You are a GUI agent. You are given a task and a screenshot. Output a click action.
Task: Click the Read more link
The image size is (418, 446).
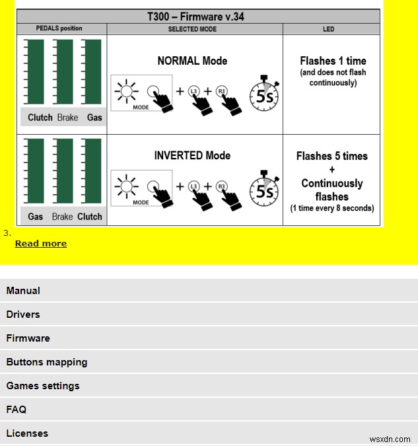tap(40, 243)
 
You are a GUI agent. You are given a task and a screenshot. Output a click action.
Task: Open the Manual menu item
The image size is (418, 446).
tap(23, 291)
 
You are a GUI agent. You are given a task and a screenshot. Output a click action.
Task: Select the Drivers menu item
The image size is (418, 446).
tap(23, 315)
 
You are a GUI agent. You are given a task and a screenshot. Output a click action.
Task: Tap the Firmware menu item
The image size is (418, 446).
tap(28, 338)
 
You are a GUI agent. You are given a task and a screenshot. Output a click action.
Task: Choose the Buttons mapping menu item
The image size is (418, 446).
tap(47, 362)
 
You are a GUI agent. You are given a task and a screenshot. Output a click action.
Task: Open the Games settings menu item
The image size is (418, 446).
tap(43, 386)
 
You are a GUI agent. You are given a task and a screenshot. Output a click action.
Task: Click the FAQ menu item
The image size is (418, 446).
tap(17, 410)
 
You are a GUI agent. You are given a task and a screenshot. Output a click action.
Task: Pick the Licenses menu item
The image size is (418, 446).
tap(27, 433)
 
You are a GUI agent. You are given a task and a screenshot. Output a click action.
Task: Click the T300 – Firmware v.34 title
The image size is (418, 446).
tap(198, 17)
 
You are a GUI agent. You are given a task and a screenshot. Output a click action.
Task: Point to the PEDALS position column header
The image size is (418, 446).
tap(61, 29)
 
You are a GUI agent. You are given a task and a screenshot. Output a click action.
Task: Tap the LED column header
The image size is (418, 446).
tap(329, 29)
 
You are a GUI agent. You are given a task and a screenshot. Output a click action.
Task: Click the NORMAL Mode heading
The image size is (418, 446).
tap(192, 61)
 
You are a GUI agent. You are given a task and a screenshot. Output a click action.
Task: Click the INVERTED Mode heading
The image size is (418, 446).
tap(192, 155)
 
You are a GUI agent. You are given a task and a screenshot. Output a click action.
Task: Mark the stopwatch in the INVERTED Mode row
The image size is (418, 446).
tap(265, 190)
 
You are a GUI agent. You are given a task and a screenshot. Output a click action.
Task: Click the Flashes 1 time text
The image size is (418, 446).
tap(332, 61)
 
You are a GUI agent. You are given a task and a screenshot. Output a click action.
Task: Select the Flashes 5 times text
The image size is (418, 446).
tap(332, 156)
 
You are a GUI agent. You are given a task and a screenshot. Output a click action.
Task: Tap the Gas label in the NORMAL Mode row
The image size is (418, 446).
tap(94, 118)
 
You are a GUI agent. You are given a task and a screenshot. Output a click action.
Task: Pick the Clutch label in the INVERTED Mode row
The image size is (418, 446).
tap(90, 216)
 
